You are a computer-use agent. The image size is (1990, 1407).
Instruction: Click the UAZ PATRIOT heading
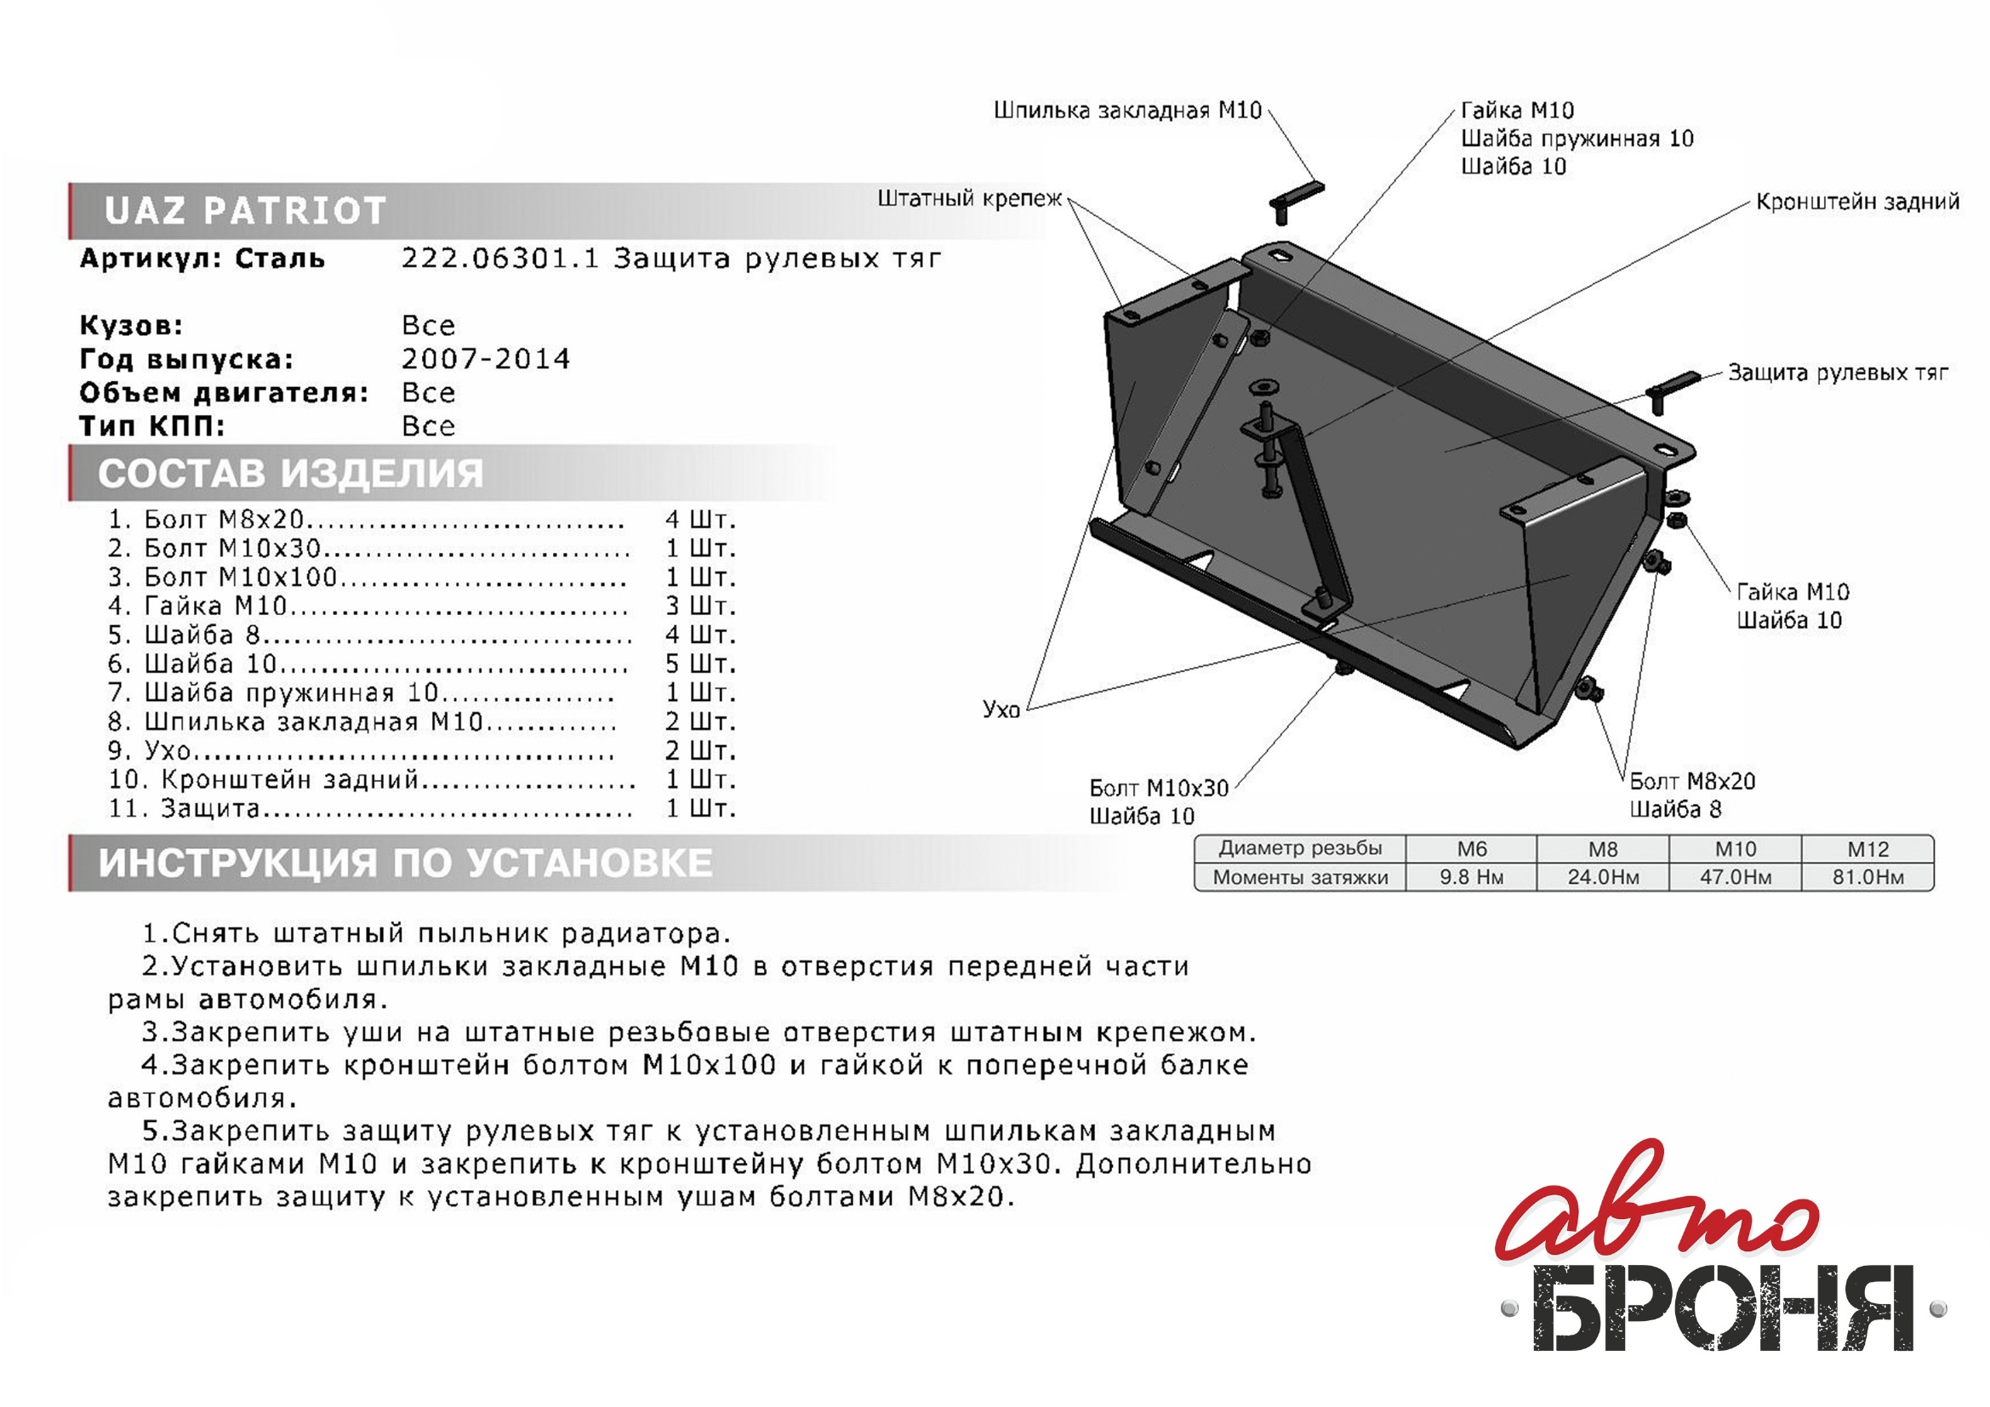244,210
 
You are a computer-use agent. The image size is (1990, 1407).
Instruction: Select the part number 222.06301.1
499,259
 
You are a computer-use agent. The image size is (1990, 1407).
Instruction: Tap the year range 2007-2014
487,359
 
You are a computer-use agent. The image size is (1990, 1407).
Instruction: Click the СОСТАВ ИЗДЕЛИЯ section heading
290,473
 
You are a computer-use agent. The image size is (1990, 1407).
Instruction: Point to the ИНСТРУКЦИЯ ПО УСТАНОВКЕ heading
406,863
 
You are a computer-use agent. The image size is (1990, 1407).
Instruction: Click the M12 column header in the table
1867,849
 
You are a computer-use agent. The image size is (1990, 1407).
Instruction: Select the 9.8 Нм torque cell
1472,877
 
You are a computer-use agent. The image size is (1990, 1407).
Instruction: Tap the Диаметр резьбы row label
1300,848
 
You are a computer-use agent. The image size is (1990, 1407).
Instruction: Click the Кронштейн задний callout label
1857,202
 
